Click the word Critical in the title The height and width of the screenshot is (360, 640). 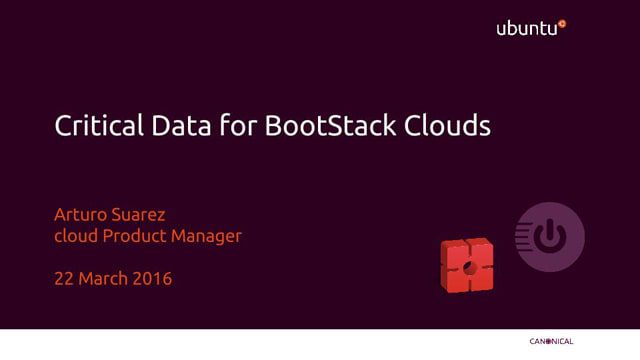90,127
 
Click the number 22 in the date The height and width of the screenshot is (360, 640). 64,279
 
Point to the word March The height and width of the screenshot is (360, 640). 104,279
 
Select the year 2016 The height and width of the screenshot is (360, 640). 153,279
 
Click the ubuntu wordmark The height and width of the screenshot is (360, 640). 526,29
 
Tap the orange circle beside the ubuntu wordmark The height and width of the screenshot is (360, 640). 562,22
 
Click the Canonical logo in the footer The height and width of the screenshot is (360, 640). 551,342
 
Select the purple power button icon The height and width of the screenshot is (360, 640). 550,237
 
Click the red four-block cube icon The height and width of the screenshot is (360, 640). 467,266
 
